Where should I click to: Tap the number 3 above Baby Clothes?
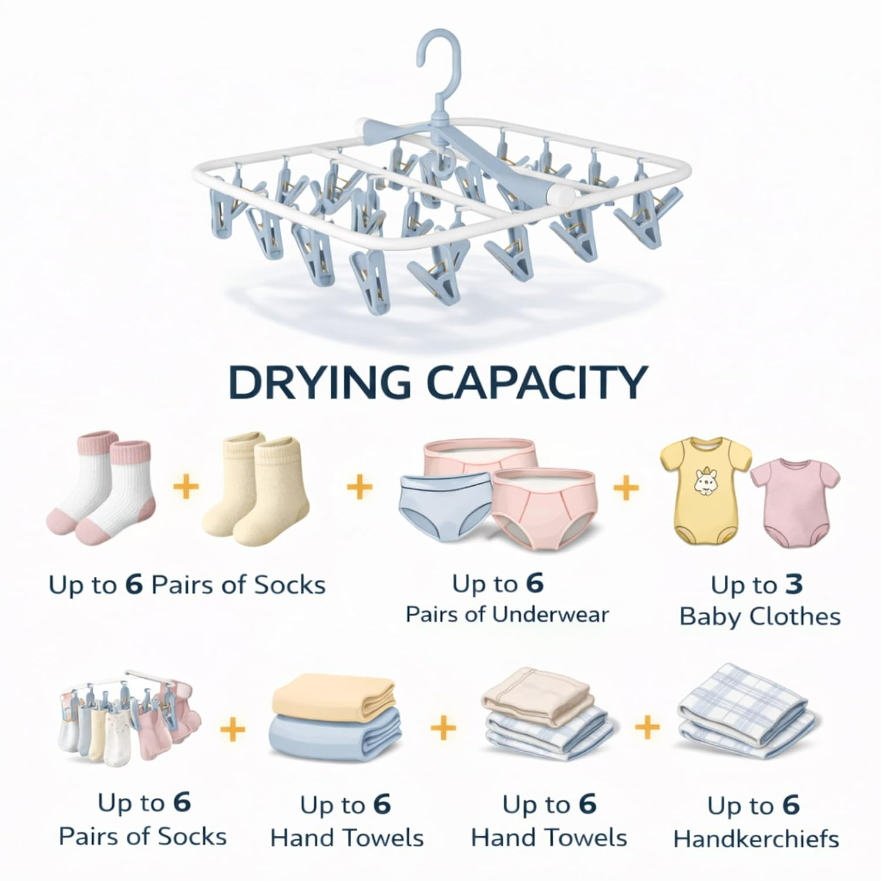[x=794, y=585]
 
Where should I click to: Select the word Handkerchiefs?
[x=756, y=839]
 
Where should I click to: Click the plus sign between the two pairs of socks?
[x=186, y=487]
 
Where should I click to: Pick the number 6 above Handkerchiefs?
[x=791, y=806]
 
